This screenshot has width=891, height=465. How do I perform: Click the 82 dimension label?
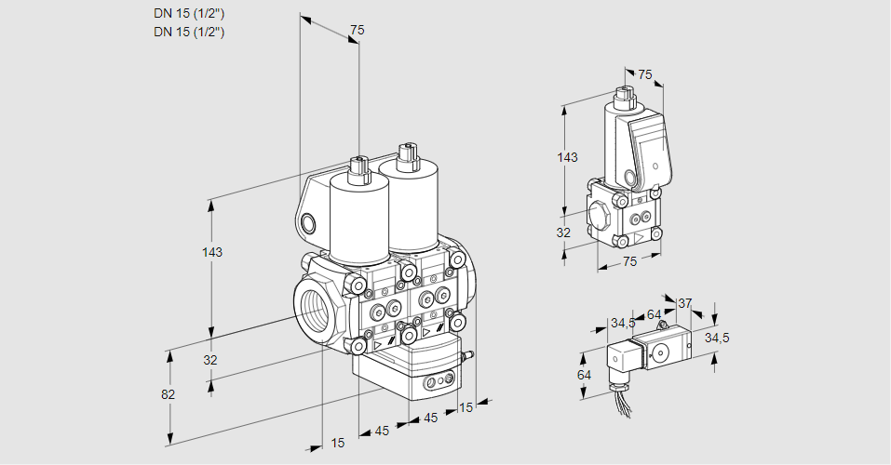[x=168, y=394]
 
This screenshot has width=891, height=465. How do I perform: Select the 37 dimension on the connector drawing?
[x=684, y=303]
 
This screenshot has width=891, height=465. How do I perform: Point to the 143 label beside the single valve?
[x=566, y=157]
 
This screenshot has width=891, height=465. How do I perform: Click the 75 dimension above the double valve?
[x=356, y=31]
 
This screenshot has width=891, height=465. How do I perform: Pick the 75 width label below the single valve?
[x=629, y=262]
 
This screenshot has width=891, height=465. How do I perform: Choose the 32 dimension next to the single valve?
[x=562, y=232]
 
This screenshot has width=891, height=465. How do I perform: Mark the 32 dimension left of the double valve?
[x=210, y=360]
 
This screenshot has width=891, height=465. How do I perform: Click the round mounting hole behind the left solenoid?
[x=309, y=223]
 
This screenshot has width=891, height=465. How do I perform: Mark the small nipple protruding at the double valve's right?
[x=470, y=354]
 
